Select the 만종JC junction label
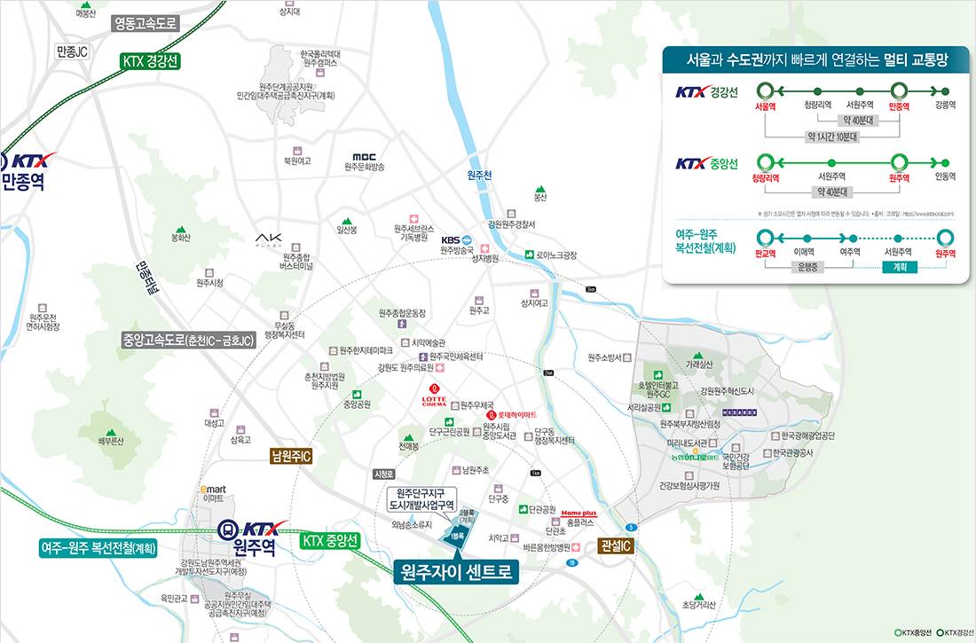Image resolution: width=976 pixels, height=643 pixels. (x=72, y=51)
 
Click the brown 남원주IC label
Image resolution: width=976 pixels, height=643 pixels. (x=291, y=457)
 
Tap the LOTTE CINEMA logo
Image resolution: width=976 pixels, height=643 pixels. (x=434, y=396)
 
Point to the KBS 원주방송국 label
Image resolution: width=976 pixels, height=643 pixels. (x=460, y=245)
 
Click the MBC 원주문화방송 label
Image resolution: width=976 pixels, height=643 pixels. (x=364, y=161)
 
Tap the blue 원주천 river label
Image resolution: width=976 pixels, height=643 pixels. (x=479, y=176)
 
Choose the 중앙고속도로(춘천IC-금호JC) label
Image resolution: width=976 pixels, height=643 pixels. (x=188, y=340)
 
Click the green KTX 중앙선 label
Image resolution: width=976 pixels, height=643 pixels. (x=330, y=539)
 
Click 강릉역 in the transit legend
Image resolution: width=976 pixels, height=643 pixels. (x=945, y=105)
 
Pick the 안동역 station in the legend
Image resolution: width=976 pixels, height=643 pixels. (x=945, y=176)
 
